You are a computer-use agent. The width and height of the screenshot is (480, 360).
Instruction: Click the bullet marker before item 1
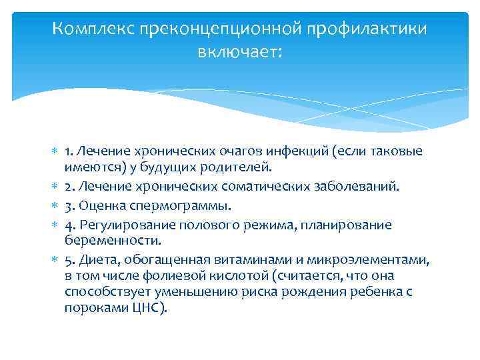click(x=54, y=153)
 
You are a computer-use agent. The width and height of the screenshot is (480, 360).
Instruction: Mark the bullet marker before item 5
click(x=54, y=259)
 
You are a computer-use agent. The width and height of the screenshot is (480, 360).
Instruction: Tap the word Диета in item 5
click(x=97, y=260)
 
